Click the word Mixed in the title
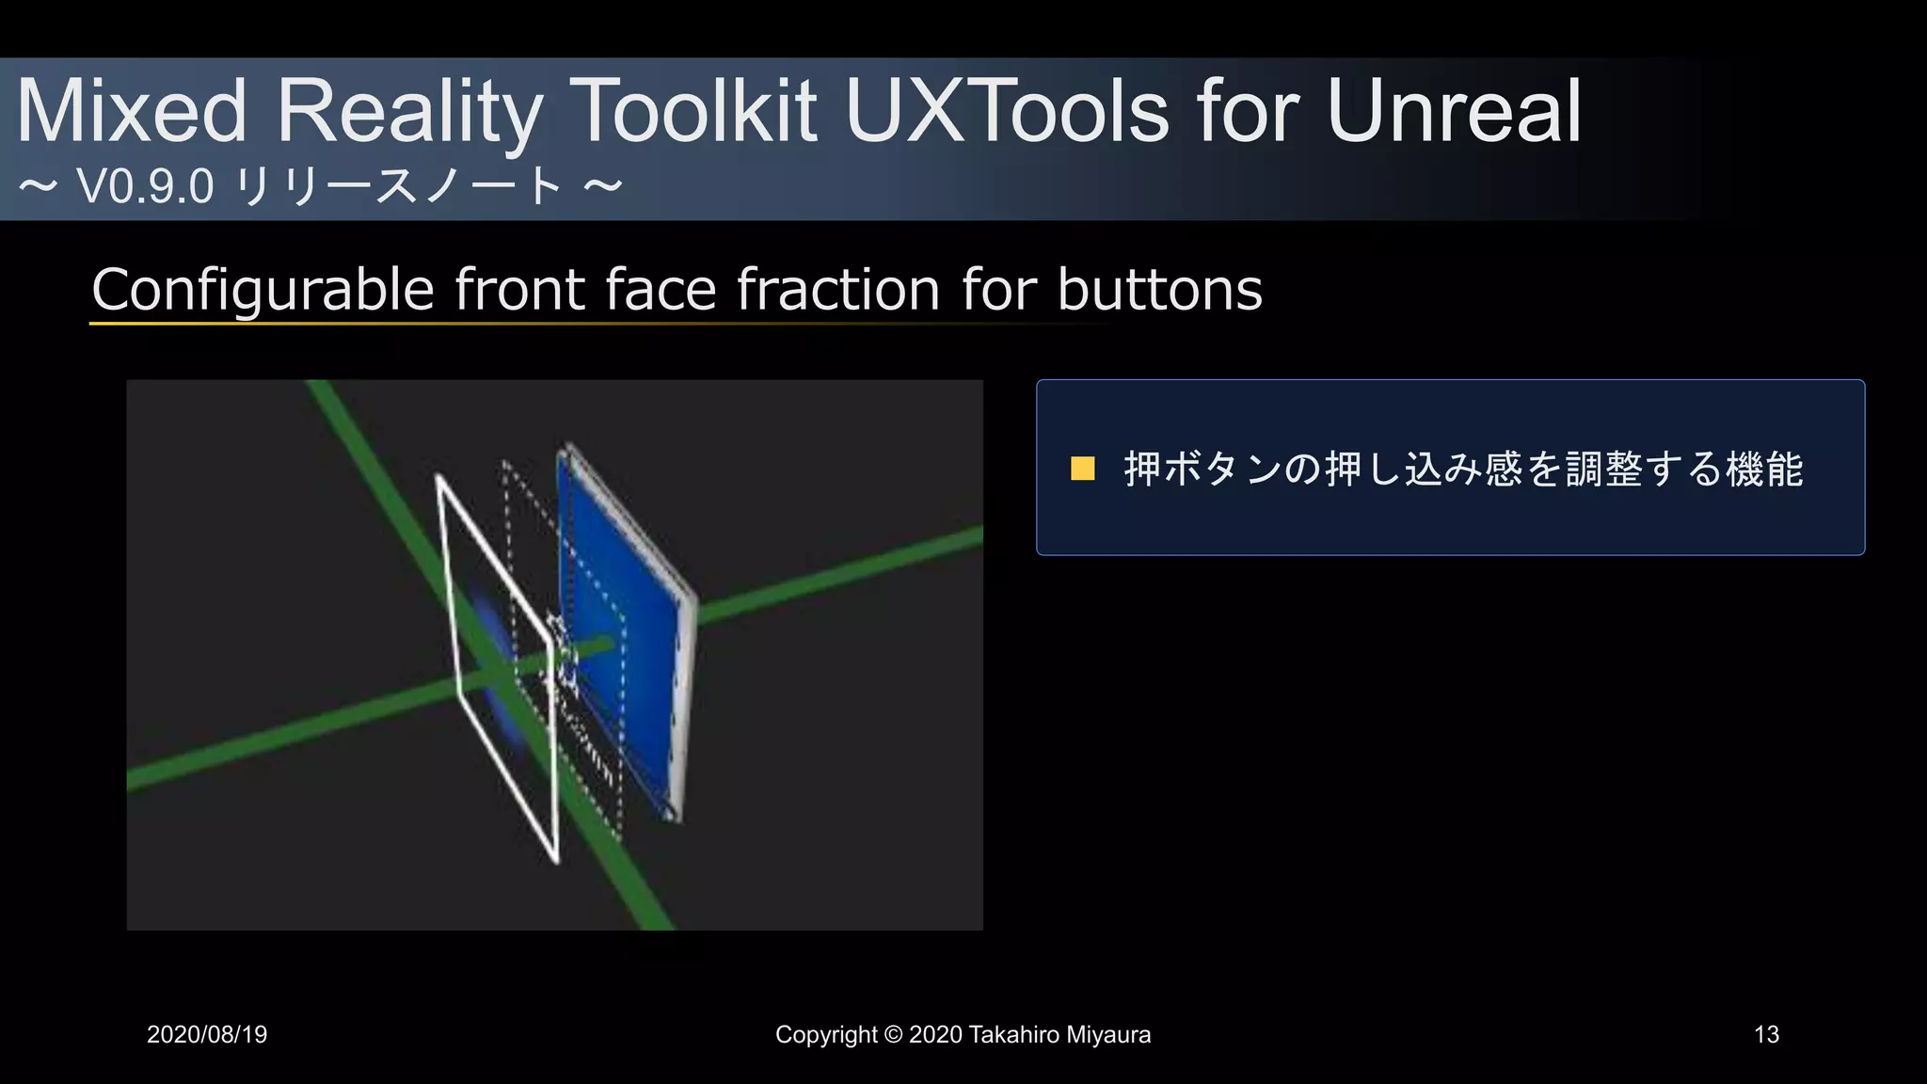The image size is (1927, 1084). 133,112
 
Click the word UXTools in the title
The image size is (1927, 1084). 1007,112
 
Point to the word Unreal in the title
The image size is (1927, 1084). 1454,112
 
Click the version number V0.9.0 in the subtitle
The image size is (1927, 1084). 146,186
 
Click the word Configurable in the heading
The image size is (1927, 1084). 263,289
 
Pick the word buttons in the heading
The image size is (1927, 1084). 1159,289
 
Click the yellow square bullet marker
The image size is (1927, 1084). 1083,469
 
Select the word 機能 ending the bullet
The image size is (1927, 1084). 1765,469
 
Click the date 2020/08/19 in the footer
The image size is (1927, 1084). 207,1035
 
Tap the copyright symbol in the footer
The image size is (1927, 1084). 893,1035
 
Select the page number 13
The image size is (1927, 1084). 1766,1035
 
